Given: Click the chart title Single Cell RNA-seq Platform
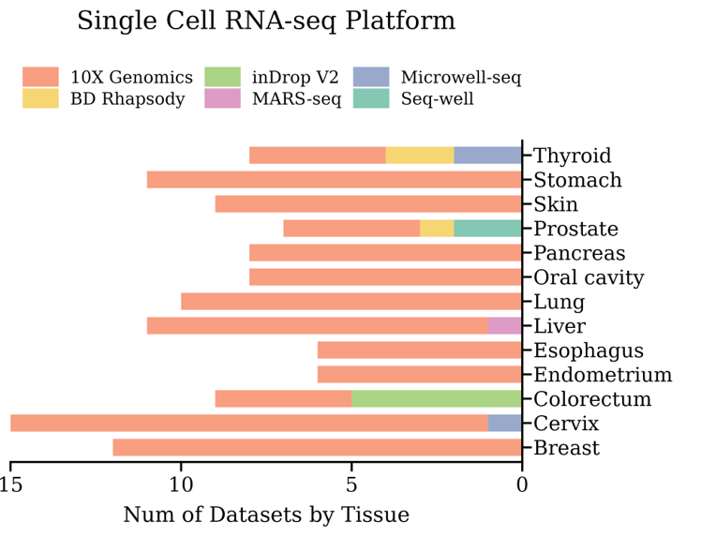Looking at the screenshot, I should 266,22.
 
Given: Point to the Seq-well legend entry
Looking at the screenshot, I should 437,98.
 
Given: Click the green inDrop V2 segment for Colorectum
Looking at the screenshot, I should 437,399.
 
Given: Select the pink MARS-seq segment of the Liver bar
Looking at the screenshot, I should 505,326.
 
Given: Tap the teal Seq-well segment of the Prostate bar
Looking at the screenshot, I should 487,229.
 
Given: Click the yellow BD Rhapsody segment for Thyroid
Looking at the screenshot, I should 420,156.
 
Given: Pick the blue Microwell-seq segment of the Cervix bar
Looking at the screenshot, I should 505,424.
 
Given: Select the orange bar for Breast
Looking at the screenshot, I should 317,448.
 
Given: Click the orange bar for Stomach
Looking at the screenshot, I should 334,180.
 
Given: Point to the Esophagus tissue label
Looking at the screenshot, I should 589,351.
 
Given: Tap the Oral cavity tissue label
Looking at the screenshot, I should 589,278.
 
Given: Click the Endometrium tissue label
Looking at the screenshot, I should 603,376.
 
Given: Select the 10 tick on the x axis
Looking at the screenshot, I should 181,485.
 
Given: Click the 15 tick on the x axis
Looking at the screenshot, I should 11,485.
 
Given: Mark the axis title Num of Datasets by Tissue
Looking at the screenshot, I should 266,515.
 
